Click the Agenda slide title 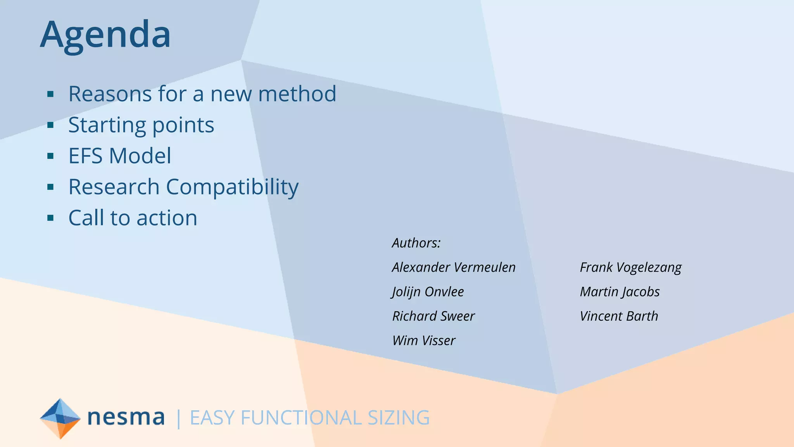coord(105,35)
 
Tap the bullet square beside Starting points coord(50,125)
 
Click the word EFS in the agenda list coord(86,156)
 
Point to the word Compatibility coord(232,187)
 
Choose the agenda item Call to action coord(133,218)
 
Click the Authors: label coord(416,243)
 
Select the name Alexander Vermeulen coord(454,267)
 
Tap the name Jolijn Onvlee coord(428,292)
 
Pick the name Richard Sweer coord(433,316)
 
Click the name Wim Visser coord(423,341)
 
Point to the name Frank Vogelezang coord(630,267)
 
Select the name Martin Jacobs coord(620,292)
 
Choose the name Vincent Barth coord(619,316)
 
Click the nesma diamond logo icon coord(60,418)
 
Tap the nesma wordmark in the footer coord(126,418)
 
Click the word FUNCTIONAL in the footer coord(301,418)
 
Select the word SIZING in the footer coord(399,418)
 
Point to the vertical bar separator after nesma coord(178,418)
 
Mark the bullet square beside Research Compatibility coord(50,187)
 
